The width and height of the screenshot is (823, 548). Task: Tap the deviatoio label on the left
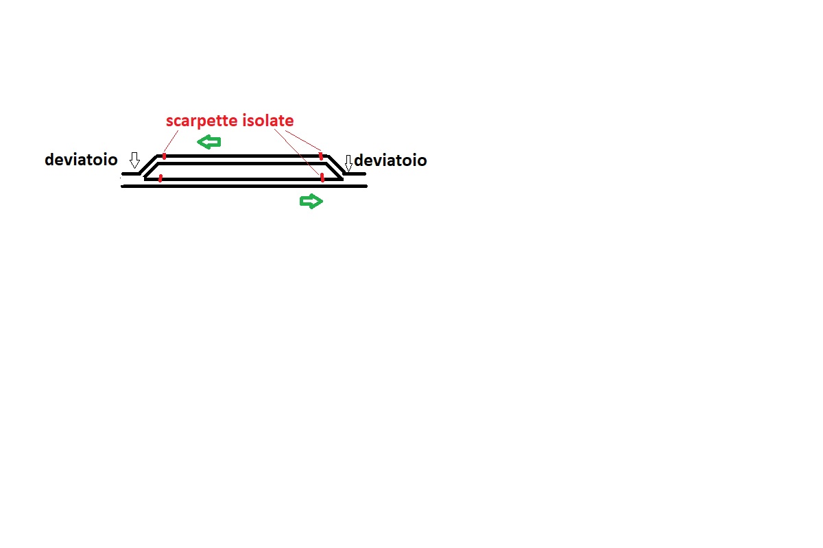(x=81, y=160)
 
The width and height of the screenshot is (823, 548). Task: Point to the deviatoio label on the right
(x=390, y=160)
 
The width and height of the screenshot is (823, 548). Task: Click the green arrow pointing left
(x=209, y=142)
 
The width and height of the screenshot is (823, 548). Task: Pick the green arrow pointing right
(x=311, y=202)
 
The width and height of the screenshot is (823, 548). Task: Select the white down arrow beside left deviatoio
(x=135, y=160)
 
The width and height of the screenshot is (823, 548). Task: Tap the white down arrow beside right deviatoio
(x=348, y=163)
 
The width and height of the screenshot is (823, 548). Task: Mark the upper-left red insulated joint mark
(x=164, y=156)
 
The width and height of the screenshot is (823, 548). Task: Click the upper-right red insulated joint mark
(x=321, y=156)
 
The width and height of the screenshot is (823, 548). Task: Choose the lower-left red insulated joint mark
(x=160, y=178)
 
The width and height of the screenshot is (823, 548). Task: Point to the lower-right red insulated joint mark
(x=322, y=178)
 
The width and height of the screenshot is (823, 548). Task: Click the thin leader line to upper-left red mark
(x=171, y=142)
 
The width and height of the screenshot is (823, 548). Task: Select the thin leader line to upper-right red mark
(x=303, y=141)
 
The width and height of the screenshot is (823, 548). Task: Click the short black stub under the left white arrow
(x=131, y=174)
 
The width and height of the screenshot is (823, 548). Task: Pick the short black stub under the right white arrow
(x=355, y=174)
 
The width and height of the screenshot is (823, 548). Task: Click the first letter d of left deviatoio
(x=49, y=160)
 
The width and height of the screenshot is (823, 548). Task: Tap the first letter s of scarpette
(x=169, y=122)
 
